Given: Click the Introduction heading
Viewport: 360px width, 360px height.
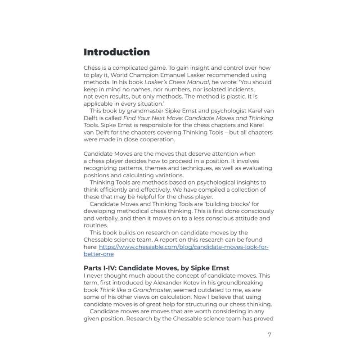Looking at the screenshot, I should coord(117,52).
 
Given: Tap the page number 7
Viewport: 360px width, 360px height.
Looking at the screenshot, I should coord(269,334).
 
